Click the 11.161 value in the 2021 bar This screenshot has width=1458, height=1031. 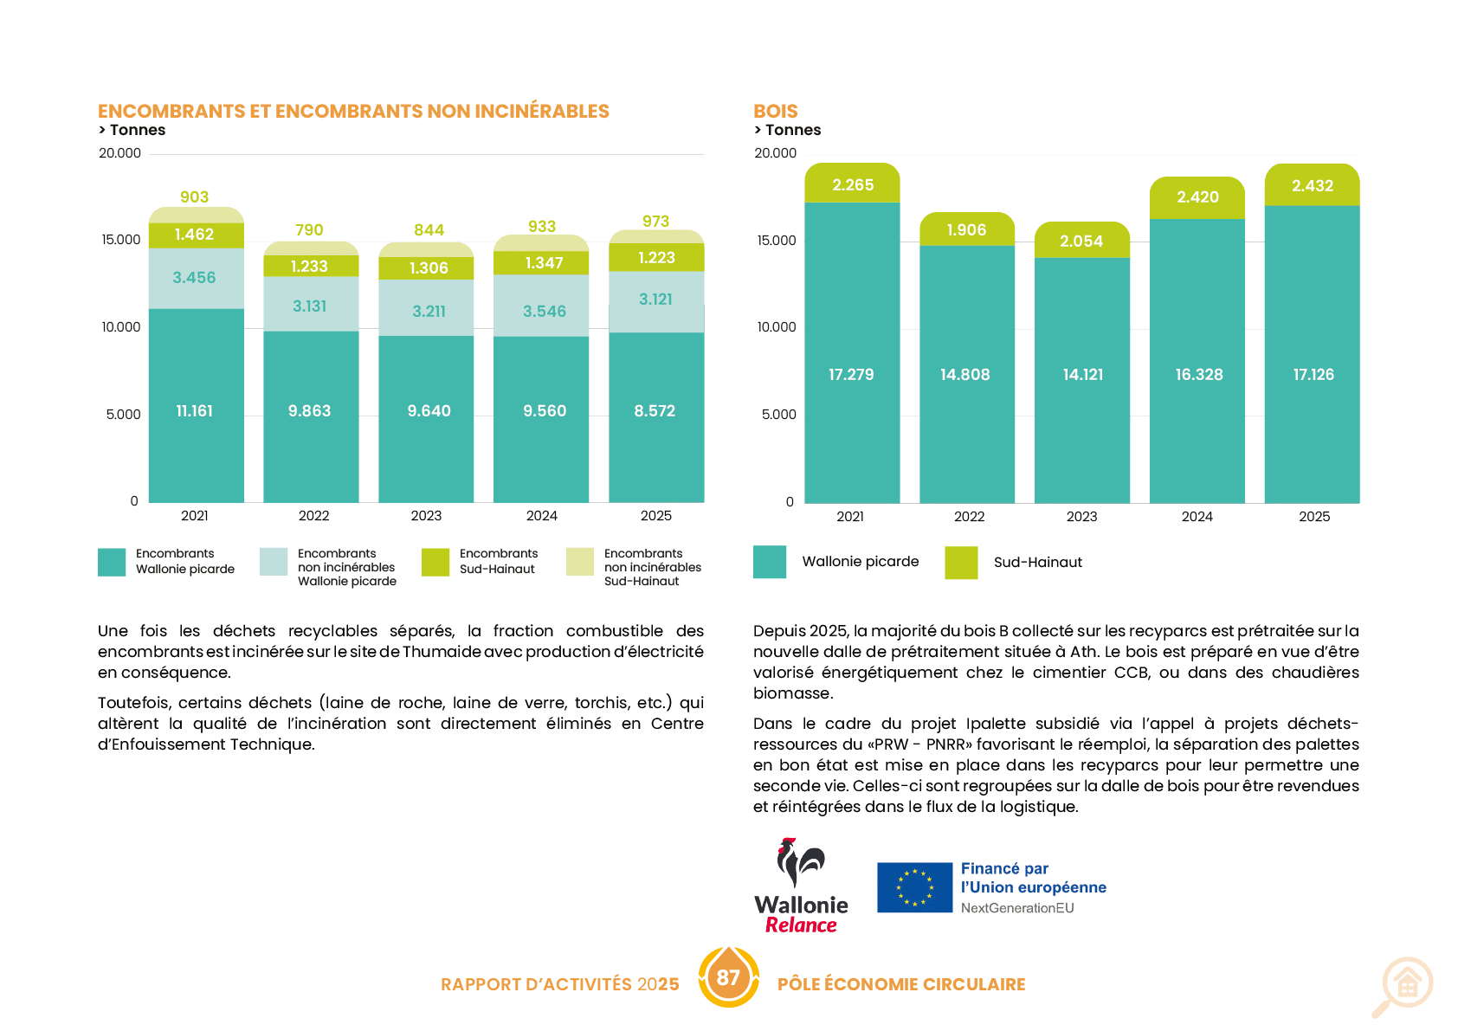pos(194,410)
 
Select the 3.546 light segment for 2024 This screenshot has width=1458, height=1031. pos(541,306)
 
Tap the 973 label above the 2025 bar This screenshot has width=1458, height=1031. pos(655,222)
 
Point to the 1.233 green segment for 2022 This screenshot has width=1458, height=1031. pos(311,266)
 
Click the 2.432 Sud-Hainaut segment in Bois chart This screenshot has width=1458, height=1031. pos(1312,185)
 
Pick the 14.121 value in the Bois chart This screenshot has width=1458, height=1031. pos(1082,374)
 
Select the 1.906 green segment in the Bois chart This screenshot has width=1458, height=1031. pos(966,229)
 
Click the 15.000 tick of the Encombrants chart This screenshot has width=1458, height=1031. pos(121,240)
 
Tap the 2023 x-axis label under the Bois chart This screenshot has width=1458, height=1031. pos(1081,516)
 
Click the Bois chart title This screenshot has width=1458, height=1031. pos(775,111)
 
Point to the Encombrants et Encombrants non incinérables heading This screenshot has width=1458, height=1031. pos(353,111)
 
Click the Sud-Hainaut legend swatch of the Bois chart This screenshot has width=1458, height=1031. pos(961,563)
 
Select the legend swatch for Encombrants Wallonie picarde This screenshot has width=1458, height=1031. pos(112,562)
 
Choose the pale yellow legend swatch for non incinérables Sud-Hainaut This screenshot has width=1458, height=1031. pos(580,562)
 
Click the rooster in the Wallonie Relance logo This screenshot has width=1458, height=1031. pos(800,862)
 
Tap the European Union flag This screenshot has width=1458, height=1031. pos(914,887)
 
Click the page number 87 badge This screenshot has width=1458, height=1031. pos(728,977)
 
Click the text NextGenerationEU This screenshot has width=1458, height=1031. pos(1017,908)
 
